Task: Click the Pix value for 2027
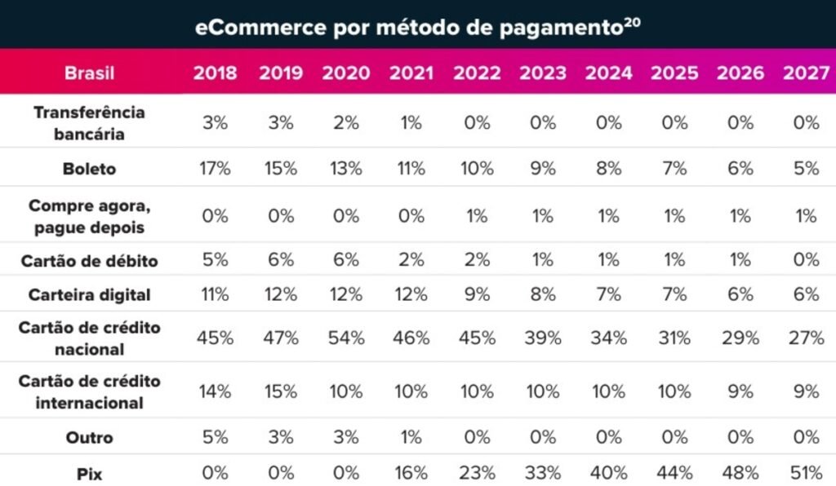point(806,474)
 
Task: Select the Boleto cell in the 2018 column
point(216,169)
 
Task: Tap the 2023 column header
point(543,73)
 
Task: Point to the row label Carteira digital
point(89,294)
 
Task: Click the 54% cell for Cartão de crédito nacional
point(345,338)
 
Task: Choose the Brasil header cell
point(89,73)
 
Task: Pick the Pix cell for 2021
point(411,474)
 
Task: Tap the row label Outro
point(89,437)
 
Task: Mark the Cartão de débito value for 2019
point(280,261)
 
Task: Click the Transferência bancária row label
point(89,123)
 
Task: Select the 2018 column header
point(216,73)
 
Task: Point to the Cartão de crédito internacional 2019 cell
point(280,391)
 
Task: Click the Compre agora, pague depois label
point(89,217)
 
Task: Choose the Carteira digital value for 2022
point(477,294)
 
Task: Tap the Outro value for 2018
point(216,437)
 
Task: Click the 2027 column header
point(806,73)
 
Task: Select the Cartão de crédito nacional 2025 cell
point(674,338)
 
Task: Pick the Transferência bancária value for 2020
point(345,123)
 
